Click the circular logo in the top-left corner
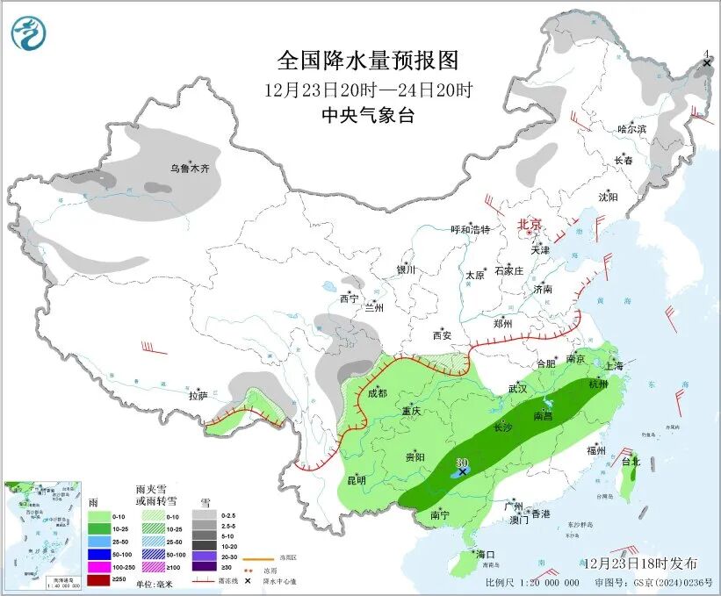tap(28, 32)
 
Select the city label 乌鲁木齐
tap(191, 169)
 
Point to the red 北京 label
tap(530, 225)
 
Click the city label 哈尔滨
tap(631, 129)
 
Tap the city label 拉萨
tap(198, 396)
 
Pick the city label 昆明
tap(356, 480)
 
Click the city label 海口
tap(486, 555)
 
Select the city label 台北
tap(631, 461)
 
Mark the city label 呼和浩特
tap(470, 229)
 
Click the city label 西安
tap(441, 335)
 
